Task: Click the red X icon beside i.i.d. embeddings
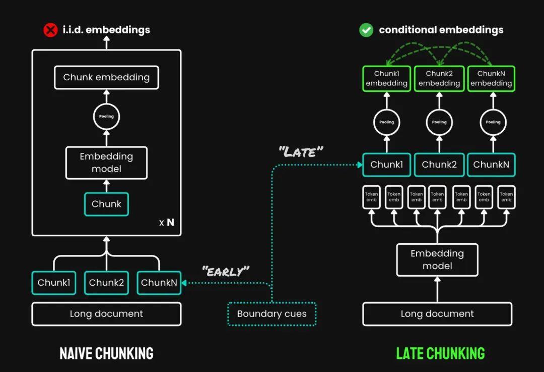point(51,30)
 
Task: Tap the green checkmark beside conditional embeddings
point(366,30)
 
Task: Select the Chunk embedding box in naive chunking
point(106,78)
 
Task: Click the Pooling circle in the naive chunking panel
point(106,116)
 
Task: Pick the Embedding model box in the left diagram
point(106,163)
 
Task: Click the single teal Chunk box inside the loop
point(106,204)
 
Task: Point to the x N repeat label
point(167,223)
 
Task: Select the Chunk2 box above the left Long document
point(106,283)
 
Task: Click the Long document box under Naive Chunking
point(106,313)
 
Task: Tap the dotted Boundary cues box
point(271,314)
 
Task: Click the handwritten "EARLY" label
point(226,271)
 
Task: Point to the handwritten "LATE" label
point(301,151)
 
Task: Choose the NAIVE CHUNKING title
point(106,353)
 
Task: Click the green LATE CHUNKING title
point(440,353)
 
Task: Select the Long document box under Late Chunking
point(437,313)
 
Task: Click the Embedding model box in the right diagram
point(437,259)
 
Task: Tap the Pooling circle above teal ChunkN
point(493,122)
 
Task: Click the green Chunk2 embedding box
point(439,79)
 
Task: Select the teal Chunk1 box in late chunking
point(387,165)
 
